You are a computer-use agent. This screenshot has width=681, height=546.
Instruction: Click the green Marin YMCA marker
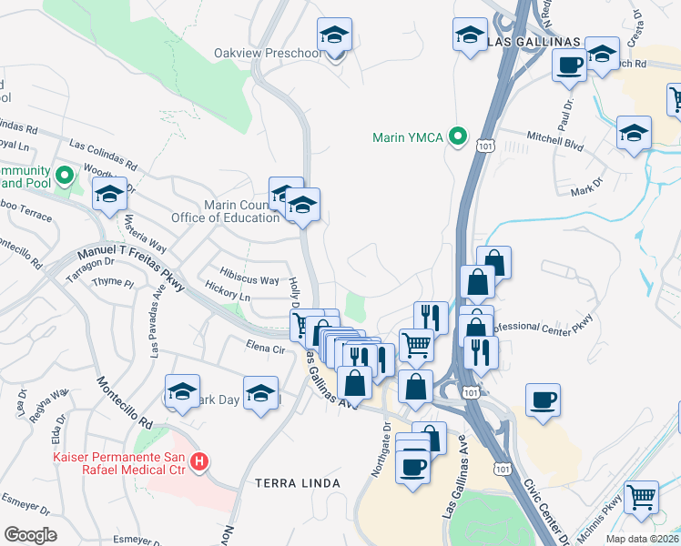(x=458, y=137)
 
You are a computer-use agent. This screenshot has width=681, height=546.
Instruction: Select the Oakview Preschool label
(x=268, y=53)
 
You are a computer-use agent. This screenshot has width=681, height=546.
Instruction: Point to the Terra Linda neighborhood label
(x=298, y=482)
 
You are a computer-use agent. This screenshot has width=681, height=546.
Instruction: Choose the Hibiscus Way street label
(x=250, y=280)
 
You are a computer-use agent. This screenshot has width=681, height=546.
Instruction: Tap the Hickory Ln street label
(x=228, y=297)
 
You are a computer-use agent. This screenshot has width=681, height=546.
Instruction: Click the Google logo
(x=30, y=535)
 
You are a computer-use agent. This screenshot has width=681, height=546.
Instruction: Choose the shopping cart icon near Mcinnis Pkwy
(x=643, y=497)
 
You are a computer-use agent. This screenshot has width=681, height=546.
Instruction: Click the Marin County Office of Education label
(x=225, y=211)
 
